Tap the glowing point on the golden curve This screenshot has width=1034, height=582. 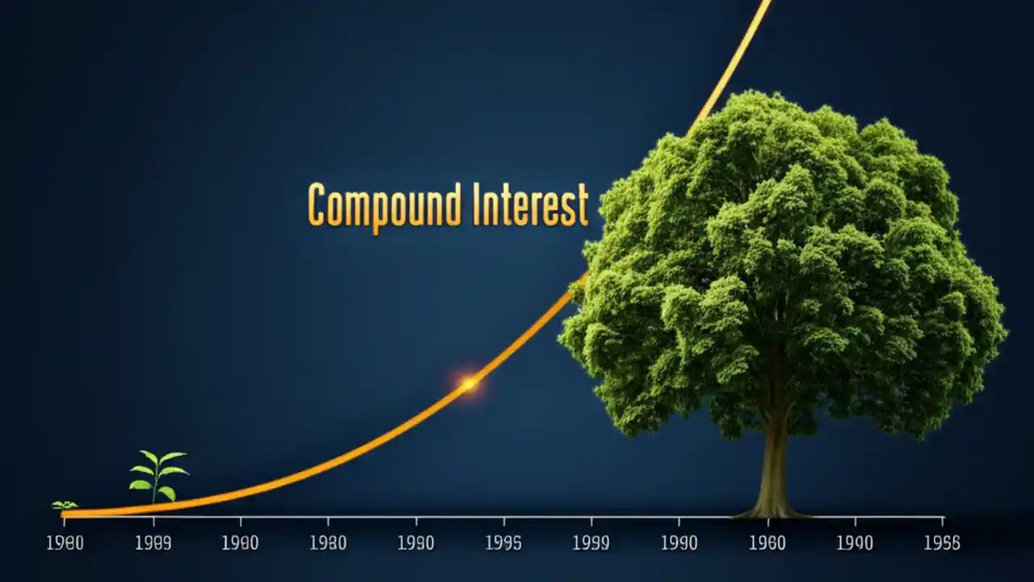tap(469, 384)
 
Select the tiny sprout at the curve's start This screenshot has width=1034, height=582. tap(65, 505)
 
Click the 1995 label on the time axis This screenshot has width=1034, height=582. tap(503, 543)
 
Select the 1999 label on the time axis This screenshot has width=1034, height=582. tap(591, 543)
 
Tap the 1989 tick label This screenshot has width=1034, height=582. tap(153, 543)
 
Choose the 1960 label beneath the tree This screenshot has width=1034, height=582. tap(767, 543)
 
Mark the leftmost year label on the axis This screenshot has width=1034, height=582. tap(65, 543)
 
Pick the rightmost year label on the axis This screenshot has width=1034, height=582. tap(942, 543)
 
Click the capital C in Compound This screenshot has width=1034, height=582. tap(317, 205)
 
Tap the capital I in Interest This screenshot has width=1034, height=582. tap(477, 205)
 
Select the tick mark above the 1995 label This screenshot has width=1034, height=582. tap(504, 521)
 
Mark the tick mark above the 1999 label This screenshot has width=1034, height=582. tap(591, 521)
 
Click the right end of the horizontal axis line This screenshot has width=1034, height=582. tap(943, 517)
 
